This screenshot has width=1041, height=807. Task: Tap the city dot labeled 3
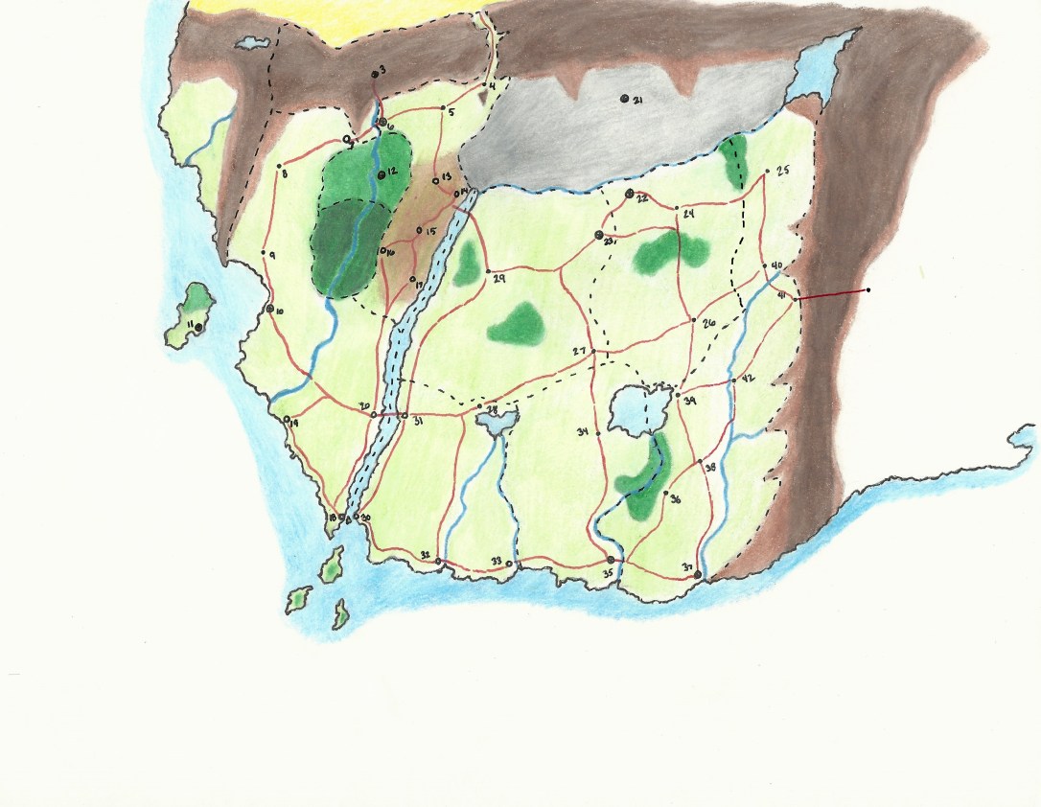click(375, 73)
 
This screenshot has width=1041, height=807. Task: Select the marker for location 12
click(381, 173)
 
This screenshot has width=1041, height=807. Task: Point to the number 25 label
click(782, 171)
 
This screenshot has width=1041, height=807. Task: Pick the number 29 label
click(498, 278)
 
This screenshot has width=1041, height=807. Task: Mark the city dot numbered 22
click(629, 194)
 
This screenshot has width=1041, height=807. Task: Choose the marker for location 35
click(611, 560)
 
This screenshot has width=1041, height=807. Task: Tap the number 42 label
click(749, 378)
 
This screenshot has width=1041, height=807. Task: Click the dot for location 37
click(698, 575)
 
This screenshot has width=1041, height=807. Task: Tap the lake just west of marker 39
click(633, 410)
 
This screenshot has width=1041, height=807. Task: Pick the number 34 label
click(582, 433)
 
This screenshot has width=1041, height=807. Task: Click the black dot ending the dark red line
click(867, 289)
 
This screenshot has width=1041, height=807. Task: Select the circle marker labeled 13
click(436, 180)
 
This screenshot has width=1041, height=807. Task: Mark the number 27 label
click(579, 352)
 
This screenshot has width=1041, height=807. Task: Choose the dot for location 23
click(599, 234)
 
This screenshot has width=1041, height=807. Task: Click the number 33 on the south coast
click(496, 561)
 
